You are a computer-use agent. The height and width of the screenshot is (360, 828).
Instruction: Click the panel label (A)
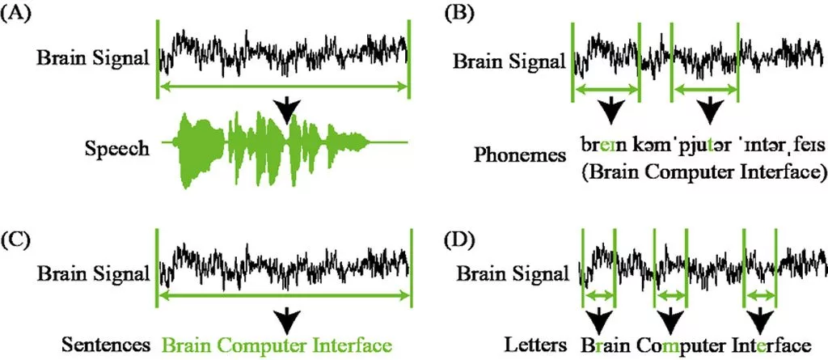[18, 15]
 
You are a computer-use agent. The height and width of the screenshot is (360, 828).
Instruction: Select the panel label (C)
[18, 239]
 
